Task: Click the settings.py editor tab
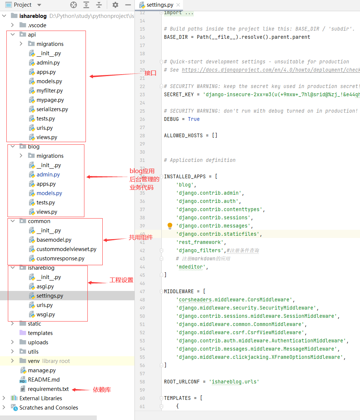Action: click(159, 5)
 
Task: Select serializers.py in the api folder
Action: click(52, 109)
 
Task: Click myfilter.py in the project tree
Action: click(49, 91)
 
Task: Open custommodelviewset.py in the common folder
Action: click(66, 249)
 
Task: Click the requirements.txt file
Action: click(48, 389)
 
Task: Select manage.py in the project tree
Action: click(41, 370)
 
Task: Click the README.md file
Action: click(44, 380)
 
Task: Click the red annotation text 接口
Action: click(150, 73)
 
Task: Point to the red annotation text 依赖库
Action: click(102, 390)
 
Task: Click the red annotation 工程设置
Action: click(121, 280)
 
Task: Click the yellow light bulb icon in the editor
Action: click(170, 226)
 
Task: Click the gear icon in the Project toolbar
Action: click(115, 5)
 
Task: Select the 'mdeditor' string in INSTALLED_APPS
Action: click(192, 267)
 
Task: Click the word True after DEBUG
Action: click(194, 119)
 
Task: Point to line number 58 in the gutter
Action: click(142, 382)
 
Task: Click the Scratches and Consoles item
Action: click(49, 408)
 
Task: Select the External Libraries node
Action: click(41, 398)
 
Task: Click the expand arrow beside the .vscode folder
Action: click(12, 25)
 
